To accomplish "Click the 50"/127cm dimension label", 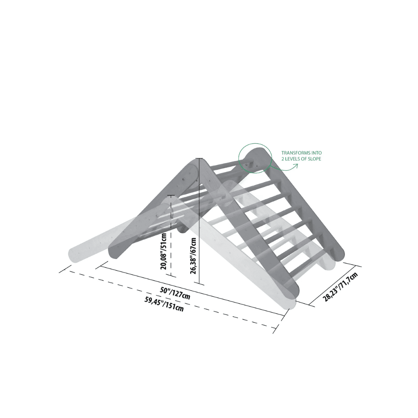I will click(175, 293).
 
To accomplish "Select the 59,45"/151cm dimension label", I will click(164, 304).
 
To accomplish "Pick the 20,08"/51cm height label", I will click(164, 251).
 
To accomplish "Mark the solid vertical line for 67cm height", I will click(199, 220).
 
